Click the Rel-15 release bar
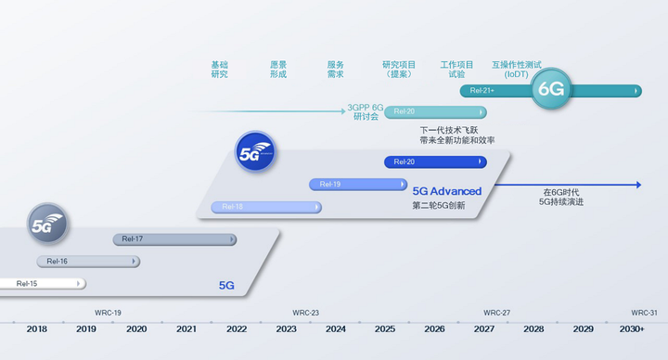coord(42,284)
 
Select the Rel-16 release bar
coord(88,262)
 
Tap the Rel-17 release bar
coord(174,239)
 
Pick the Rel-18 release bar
coord(266,207)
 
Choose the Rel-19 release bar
coord(358,185)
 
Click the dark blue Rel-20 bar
coord(435,161)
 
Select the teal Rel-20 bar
coord(435,112)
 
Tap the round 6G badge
coord(551,89)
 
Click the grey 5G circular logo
coord(47,224)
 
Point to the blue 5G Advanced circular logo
coord(255,152)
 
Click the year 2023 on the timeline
coord(287,328)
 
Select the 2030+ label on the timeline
coord(632,328)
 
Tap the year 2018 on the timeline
coord(36,328)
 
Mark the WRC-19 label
coord(108,313)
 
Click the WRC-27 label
coord(496,313)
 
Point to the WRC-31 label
coord(644,313)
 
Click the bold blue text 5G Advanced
coord(447,191)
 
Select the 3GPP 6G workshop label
coord(366,112)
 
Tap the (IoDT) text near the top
coord(517,74)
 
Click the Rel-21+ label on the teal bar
coord(482,90)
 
